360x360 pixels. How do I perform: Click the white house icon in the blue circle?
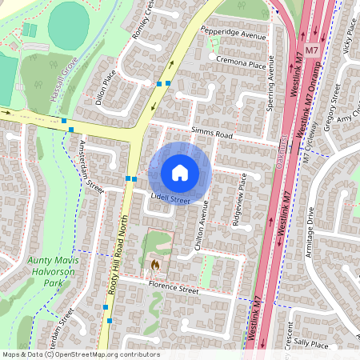[x=180, y=172]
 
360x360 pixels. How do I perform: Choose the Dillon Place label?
[x=106, y=86]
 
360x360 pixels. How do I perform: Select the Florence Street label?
[x=172, y=290]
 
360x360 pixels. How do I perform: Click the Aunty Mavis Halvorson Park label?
[x=55, y=271]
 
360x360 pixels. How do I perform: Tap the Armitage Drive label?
[x=310, y=227]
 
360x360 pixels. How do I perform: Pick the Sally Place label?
[x=312, y=344]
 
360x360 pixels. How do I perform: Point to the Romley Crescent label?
[x=145, y=21]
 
